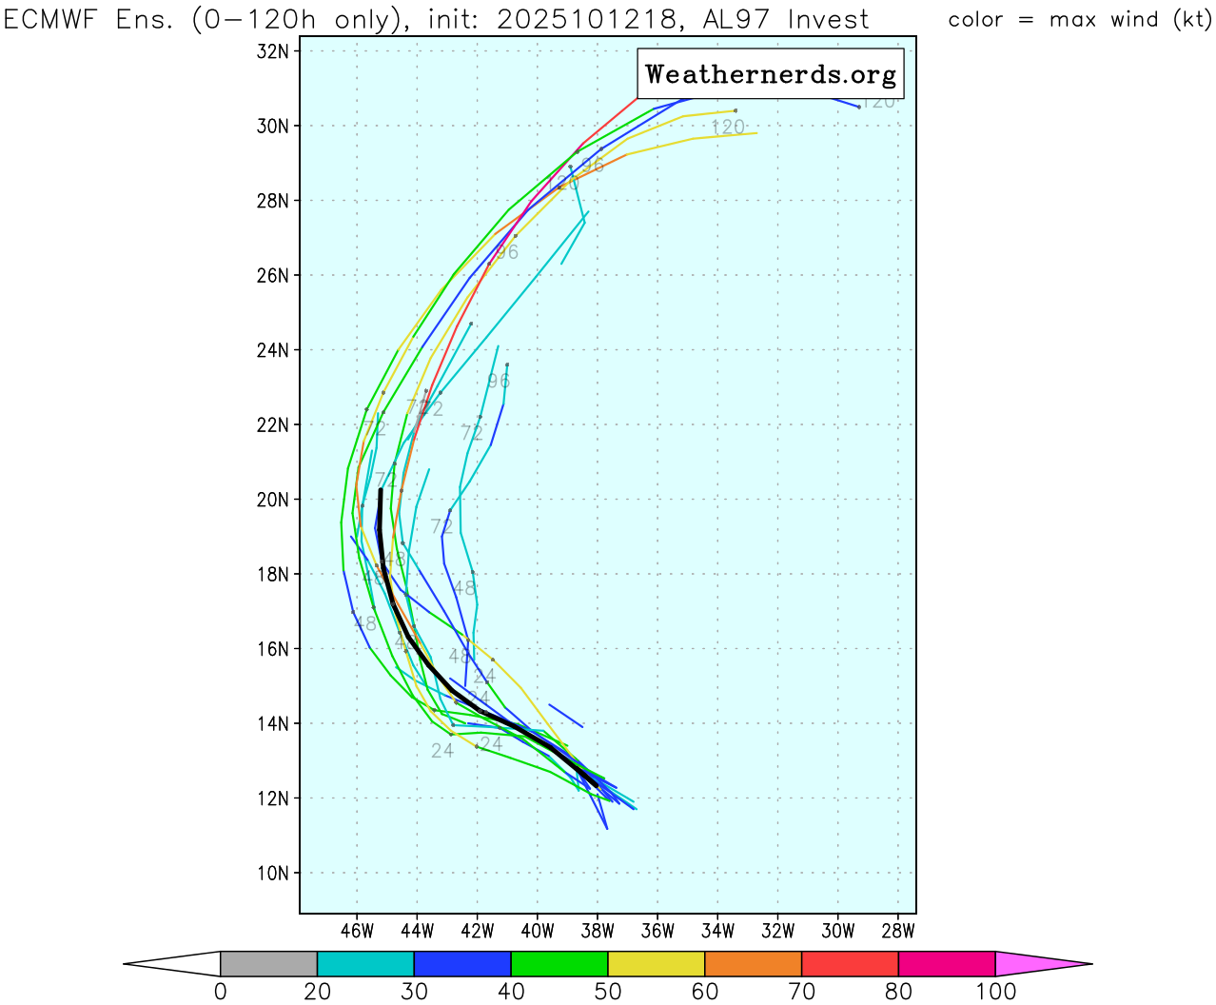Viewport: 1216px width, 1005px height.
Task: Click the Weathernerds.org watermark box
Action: (x=770, y=74)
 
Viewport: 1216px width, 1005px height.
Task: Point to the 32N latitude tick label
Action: (x=273, y=51)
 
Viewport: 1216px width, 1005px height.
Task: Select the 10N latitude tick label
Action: (x=273, y=874)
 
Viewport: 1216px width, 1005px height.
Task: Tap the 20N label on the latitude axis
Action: (x=273, y=500)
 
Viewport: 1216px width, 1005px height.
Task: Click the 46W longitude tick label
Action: (x=357, y=931)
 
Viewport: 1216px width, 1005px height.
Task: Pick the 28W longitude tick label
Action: (x=898, y=931)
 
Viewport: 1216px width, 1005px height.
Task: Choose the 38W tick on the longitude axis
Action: (x=598, y=931)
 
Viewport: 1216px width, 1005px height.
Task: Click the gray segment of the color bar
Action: (x=268, y=963)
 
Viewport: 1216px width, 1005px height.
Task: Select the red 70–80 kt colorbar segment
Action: (x=850, y=963)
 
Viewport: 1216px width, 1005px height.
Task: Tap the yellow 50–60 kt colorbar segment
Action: (x=656, y=963)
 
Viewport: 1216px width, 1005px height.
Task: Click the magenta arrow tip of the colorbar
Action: (x=1042, y=963)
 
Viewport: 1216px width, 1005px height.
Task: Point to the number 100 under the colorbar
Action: (x=995, y=992)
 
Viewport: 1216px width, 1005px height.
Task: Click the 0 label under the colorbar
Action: (x=221, y=992)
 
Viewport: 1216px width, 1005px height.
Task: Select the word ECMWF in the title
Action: (x=54, y=19)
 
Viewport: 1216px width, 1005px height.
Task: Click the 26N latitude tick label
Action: (x=273, y=276)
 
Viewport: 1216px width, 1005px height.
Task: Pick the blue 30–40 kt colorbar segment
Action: (x=462, y=963)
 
